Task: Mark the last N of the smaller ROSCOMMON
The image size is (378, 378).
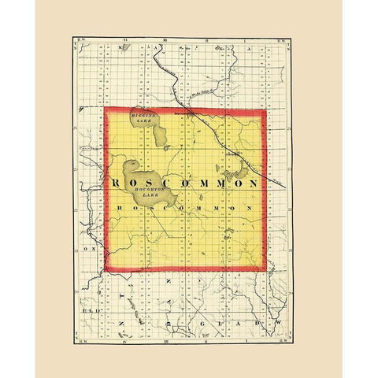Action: tap(250, 206)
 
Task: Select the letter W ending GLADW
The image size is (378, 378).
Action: tap(276, 324)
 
